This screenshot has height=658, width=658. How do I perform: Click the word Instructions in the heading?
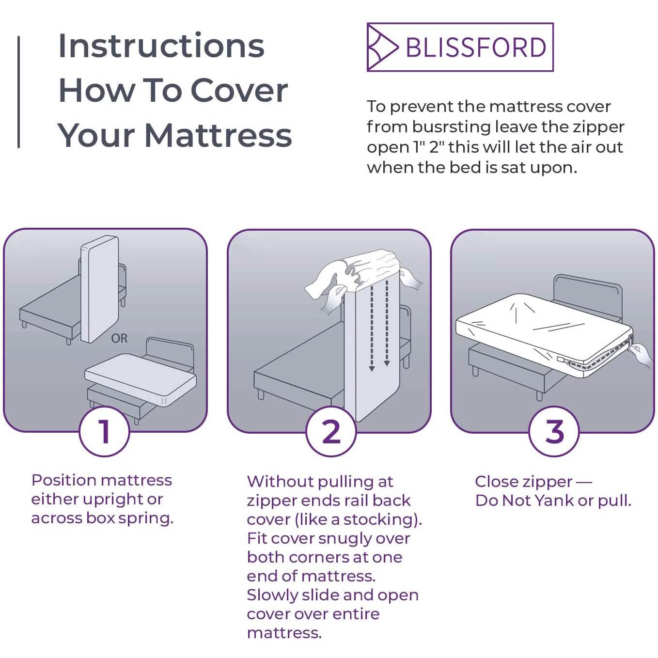[161, 46]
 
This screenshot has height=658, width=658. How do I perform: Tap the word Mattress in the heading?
[218, 135]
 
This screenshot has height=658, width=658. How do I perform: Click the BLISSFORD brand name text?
[475, 47]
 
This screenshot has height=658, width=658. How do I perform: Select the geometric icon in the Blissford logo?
[382, 47]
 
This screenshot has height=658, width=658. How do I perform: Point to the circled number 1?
[104, 431]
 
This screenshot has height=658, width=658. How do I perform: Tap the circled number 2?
[331, 431]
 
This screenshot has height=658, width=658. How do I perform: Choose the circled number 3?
[554, 431]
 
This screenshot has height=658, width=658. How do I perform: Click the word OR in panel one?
[119, 338]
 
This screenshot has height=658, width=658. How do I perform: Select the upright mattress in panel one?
[99, 288]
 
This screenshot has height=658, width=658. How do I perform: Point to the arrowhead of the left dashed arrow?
[372, 369]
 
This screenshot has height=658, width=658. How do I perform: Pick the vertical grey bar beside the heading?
[18, 92]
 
